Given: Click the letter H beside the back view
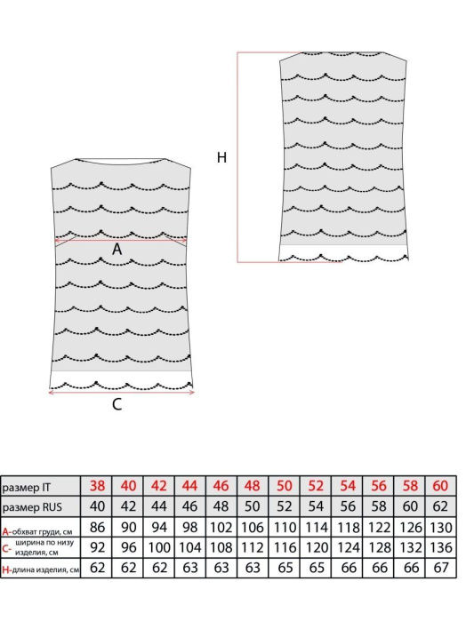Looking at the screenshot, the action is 221,157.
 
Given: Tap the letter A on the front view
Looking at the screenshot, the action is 116,249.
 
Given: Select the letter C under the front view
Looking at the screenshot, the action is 117,404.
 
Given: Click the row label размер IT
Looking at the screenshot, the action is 26,487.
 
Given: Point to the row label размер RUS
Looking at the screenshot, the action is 32,507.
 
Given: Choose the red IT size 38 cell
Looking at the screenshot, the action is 97,486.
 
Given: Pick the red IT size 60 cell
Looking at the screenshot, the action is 440,486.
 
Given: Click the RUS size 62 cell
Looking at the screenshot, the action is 440,506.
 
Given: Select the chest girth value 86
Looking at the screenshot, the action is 97,528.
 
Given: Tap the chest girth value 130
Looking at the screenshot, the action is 440,528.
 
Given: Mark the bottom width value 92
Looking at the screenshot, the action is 97,547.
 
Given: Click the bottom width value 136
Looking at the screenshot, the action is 440,547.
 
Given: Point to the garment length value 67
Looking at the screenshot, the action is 440,568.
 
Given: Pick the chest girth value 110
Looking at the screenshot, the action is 285,528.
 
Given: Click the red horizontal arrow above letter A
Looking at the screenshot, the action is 121,240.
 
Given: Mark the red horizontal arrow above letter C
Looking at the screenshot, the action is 121,393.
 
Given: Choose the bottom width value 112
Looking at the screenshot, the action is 253,547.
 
